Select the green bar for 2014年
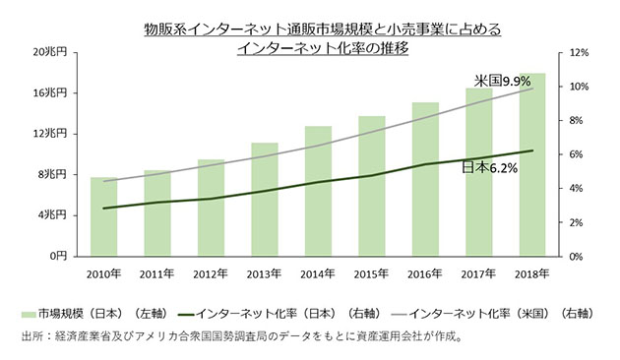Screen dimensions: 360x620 pos(318,191)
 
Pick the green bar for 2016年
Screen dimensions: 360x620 pos(425,179)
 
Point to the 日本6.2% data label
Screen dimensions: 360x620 pos(489,168)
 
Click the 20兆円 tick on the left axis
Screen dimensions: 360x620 pos(50,52)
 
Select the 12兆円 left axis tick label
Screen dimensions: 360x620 pos(50,134)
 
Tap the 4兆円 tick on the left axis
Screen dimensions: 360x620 pos(53,214)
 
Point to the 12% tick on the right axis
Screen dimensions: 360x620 pos(579,52)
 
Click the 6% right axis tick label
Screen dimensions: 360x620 pos(577,154)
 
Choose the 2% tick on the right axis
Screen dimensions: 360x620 pos(577,222)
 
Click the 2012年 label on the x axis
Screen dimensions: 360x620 pos(211,272)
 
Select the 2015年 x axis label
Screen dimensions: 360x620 pos(371,272)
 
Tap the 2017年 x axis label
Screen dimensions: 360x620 pos(478,272)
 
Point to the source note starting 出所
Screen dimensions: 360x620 pos(240,336)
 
